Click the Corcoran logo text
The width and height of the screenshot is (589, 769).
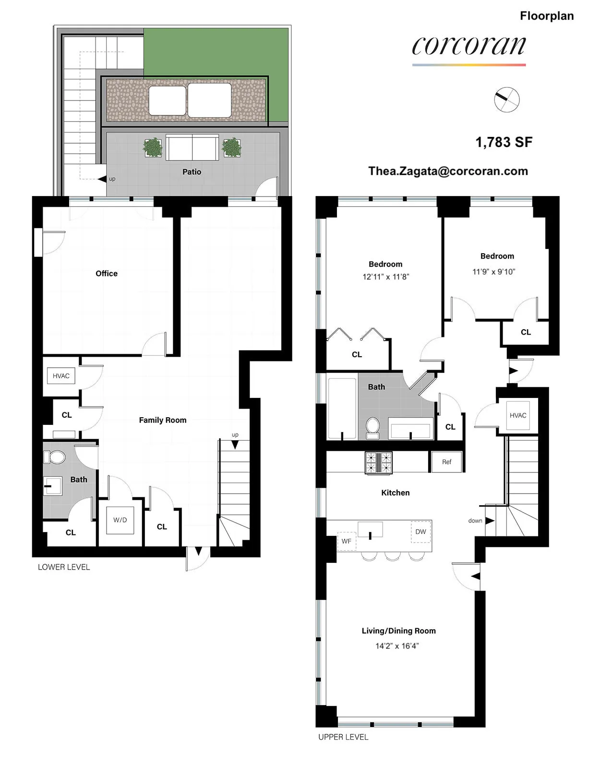469,46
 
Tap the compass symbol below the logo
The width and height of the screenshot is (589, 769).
507,100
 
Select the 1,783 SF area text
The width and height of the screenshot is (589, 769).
504,142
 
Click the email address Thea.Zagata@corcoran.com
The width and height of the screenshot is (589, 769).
448,171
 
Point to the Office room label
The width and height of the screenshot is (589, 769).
107,273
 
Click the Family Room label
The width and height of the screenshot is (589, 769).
163,420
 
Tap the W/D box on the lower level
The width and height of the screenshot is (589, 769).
120,520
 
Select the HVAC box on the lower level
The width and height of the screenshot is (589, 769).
61,376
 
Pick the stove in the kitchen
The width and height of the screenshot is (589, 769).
378,463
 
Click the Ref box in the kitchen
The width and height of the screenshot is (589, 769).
446,462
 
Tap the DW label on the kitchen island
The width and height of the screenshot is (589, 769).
421,532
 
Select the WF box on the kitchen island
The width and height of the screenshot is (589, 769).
346,541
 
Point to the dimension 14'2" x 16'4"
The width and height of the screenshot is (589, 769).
397,646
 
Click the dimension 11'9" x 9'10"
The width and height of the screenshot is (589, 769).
493,272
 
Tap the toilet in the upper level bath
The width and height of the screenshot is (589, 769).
373,428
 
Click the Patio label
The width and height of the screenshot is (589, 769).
192,172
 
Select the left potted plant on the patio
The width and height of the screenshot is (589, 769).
153,148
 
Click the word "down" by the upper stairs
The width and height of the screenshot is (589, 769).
475,521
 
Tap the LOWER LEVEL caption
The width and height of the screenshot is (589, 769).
64,567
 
